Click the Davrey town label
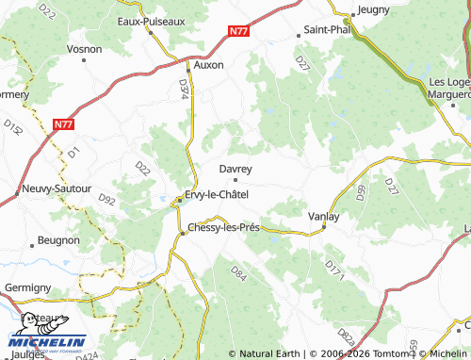(x=235, y=169)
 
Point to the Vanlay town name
(x=324, y=216)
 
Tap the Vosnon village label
(x=85, y=48)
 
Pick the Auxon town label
(x=207, y=66)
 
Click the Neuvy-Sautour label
(x=57, y=188)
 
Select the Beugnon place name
(x=59, y=240)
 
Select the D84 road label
(x=237, y=275)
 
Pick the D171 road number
(x=333, y=269)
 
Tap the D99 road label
(x=363, y=193)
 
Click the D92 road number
(x=106, y=199)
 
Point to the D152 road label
(x=12, y=126)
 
